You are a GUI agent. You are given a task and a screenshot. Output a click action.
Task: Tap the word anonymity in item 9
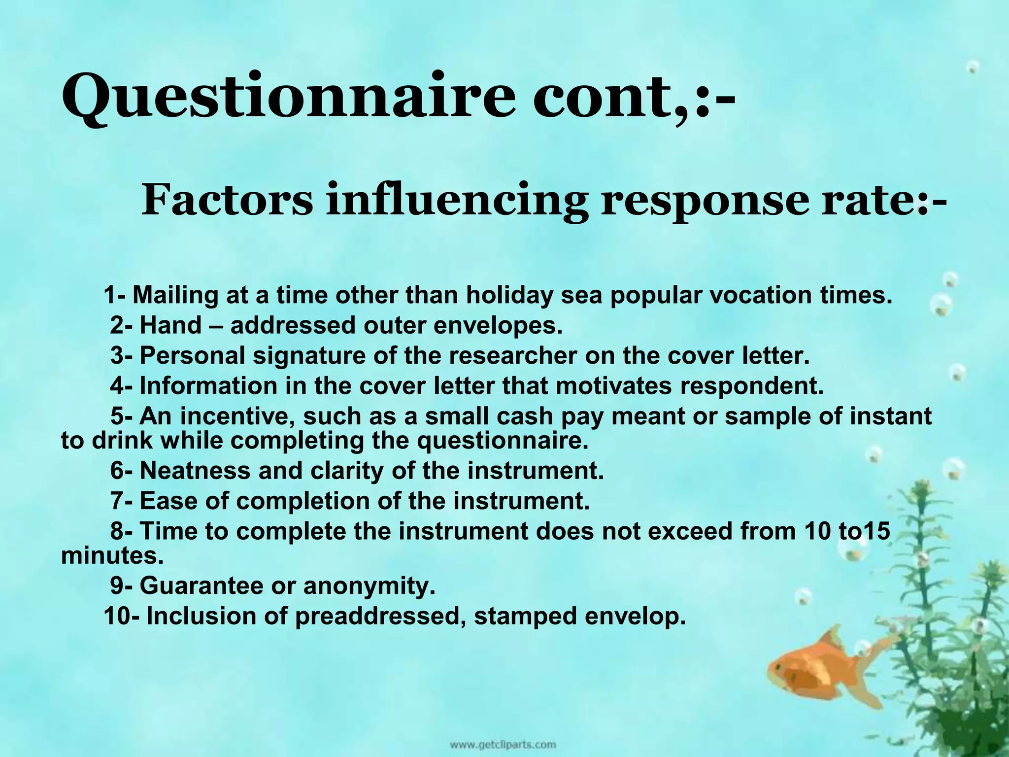click(x=370, y=586)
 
